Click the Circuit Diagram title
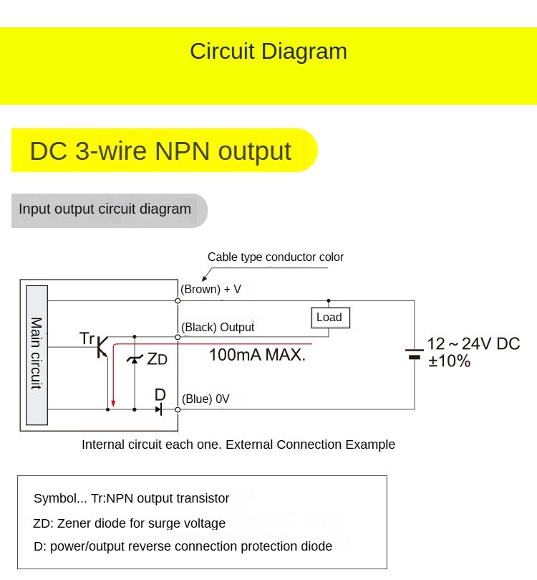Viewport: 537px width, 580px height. (268, 52)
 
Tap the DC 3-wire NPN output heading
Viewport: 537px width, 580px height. (160, 151)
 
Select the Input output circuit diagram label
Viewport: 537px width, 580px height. (105, 209)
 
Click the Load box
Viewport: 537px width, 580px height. (329, 318)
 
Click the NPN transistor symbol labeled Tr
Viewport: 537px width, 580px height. (101, 346)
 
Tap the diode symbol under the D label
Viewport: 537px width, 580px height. (159, 409)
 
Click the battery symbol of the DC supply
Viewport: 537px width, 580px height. (414, 353)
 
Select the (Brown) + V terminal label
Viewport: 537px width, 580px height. (211, 290)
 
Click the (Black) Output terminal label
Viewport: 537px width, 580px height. (217, 328)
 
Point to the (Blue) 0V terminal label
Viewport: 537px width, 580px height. (205, 399)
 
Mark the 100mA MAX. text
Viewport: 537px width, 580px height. (257, 354)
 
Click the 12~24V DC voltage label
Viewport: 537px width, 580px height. (473, 344)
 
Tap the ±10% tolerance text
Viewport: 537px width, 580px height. (449, 361)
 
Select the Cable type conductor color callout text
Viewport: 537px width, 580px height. (276, 257)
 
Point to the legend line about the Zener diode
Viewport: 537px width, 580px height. (130, 523)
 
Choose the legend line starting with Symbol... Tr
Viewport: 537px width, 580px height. (132, 498)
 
